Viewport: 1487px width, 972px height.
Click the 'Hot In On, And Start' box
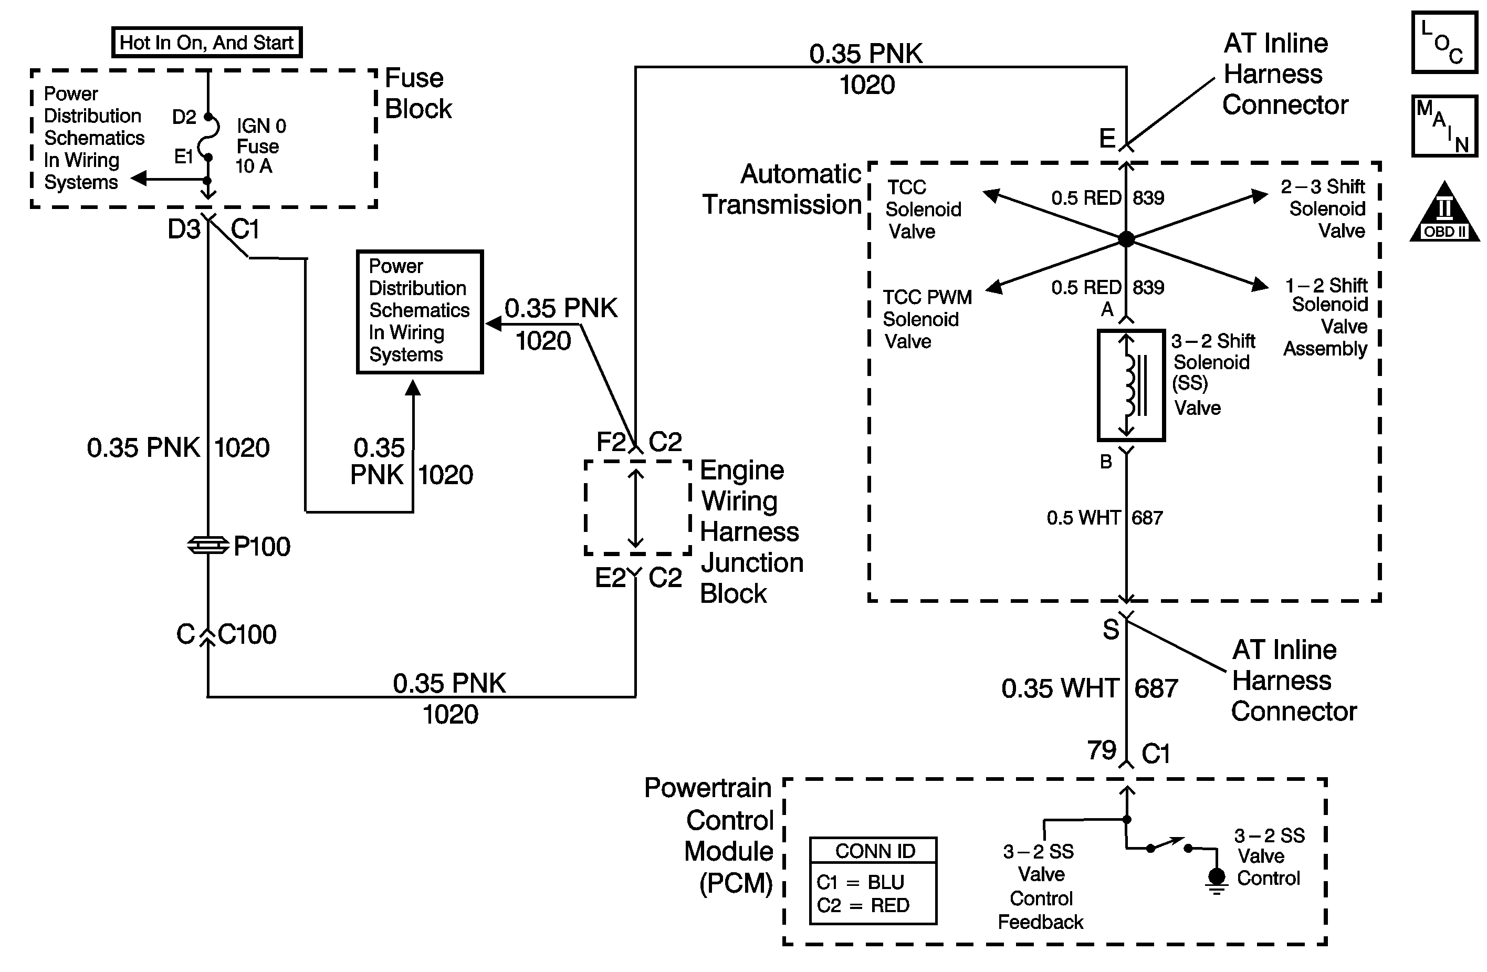[207, 43]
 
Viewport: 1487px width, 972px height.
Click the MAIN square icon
[1444, 126]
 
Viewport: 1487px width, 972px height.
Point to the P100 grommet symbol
[208, 546]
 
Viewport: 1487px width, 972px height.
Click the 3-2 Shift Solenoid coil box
[1131, 385]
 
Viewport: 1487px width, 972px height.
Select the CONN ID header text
[875, 851]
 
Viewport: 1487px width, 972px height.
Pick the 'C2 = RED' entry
[863, 905]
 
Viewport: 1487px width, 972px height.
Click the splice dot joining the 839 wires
[1126, 238]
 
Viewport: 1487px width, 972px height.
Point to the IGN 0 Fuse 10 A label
[260, 146]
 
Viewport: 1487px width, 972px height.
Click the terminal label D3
[184, 229]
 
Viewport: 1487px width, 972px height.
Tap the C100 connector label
[247, 635]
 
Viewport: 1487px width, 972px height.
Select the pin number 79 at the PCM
[1101, 750]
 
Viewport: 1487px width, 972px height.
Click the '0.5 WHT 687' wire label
[1105, 518]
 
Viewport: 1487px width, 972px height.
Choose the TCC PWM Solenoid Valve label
[927, 319]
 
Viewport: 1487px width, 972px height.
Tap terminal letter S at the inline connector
[1110, 630]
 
